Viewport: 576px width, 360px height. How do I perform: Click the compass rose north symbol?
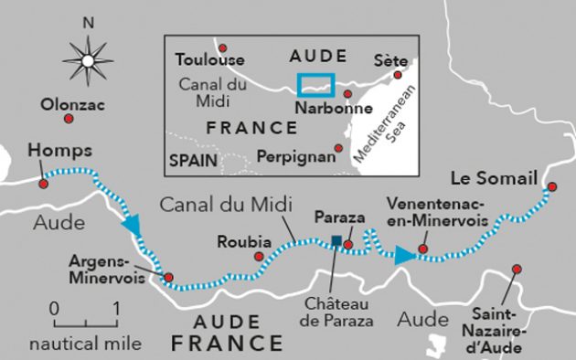(87, 60)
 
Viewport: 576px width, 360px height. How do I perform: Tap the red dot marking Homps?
(42, 184)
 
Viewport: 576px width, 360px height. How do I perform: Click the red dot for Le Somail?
(551, 188)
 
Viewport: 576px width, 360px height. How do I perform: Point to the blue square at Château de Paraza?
(336, 241)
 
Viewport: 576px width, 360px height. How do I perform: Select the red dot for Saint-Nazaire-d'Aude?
(517, 269)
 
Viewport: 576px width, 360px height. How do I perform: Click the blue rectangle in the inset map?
(316, 84)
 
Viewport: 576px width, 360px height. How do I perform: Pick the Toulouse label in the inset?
(210, 60)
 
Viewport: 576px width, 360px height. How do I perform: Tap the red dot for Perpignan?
(337, 148)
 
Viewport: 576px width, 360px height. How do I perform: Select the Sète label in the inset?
(390, 60)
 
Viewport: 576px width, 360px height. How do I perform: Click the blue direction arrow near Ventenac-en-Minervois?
(403, 255)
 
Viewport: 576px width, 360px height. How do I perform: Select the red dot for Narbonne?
(347, 92)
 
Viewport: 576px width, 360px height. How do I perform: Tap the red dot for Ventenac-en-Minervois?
(422, 248)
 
